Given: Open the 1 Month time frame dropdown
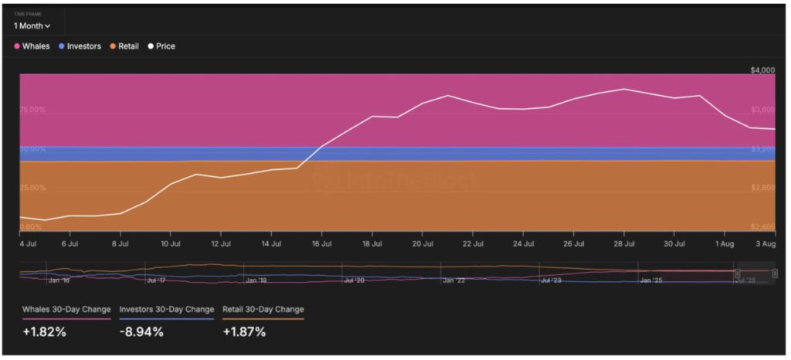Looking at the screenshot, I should tap(32, 25).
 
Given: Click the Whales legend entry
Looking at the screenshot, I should tap(32, 46).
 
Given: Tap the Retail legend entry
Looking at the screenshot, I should tap(124, 46).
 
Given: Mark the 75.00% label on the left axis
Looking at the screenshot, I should tap(32, 110).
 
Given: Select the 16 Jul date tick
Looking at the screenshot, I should tap(321, 243).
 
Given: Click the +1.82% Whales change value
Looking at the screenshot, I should tap(44, 332).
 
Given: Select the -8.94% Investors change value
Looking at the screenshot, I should tap(142, 332).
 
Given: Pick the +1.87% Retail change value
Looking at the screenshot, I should tap(244, 332).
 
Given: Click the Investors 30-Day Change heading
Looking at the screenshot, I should tap(166, 309).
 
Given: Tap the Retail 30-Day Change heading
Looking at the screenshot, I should tap(263, 309).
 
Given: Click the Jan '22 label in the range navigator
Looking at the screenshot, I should tap(454, 280).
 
